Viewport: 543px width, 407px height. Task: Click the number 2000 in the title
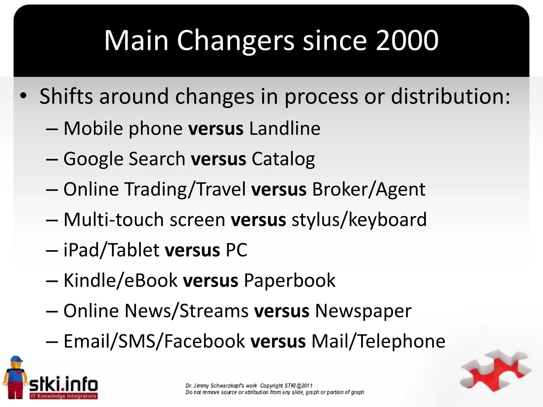click(407, 41)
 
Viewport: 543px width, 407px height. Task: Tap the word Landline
click(285, 129)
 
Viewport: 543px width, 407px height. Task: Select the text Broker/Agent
click(369, 190)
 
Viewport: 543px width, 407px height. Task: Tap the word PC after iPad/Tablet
click(236, 250)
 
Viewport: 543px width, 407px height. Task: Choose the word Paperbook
click(290, 281)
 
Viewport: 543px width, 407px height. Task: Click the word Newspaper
click(363, 311)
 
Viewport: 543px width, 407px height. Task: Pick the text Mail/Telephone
click(378, 342)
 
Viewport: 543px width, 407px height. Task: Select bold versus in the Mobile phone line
click(216, 129)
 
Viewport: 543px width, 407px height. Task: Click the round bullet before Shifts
click(23, 96)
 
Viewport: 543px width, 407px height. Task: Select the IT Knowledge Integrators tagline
click(63, 396)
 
